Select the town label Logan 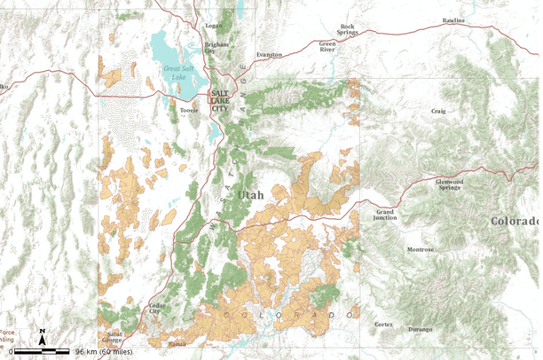click(x=214, y=27)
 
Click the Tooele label click(x=189, y=112)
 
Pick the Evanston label click(x=269, y=54)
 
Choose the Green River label click(x=328, y=46)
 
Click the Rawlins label click(x=453, y=20)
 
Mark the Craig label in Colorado click(x=438, y=111)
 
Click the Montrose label click(x=421, y=249)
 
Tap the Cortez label click(x=383, y=324)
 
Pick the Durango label click(x=421, y=329)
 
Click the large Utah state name click(x=250, y=194)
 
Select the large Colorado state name click(x=515, y=221)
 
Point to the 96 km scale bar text click(x=104, y=352)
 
